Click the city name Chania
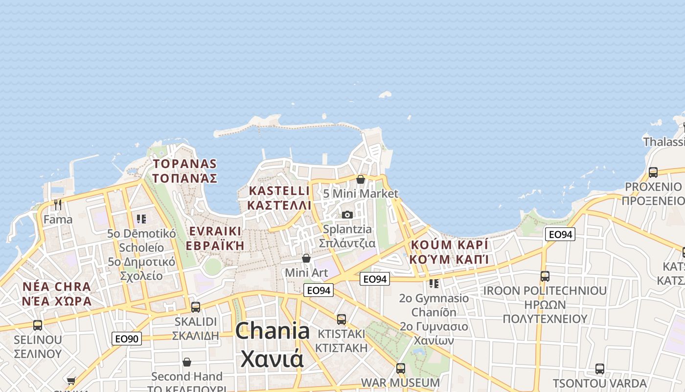click(x=272, y=332)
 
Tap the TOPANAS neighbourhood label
click(x=184, y=164)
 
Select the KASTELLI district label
click(x=279, y=191)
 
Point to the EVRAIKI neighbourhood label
click(x=215, y=231)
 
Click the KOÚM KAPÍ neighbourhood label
click(x=450, y=245)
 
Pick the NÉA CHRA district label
click(x=57, y=287)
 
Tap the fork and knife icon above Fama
click(x=58, y=204)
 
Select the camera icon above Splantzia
click(x=347, y=215)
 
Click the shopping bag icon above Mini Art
click(x=306, y=258)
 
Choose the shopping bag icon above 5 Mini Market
click(x=361, y=179)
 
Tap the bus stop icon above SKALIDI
click(x=196, y=307)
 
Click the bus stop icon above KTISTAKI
click(x=342, y=319)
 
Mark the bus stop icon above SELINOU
click(x=38, y=325)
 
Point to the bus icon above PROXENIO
click(x=653, y=172)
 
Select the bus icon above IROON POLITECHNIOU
click(x=545, y=276)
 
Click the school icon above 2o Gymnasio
click(x=434, y=283)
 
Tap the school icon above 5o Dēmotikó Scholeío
click(x=141, y=219)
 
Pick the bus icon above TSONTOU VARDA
click(x=600, y=368)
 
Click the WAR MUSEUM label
click(x=400, y=382)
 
